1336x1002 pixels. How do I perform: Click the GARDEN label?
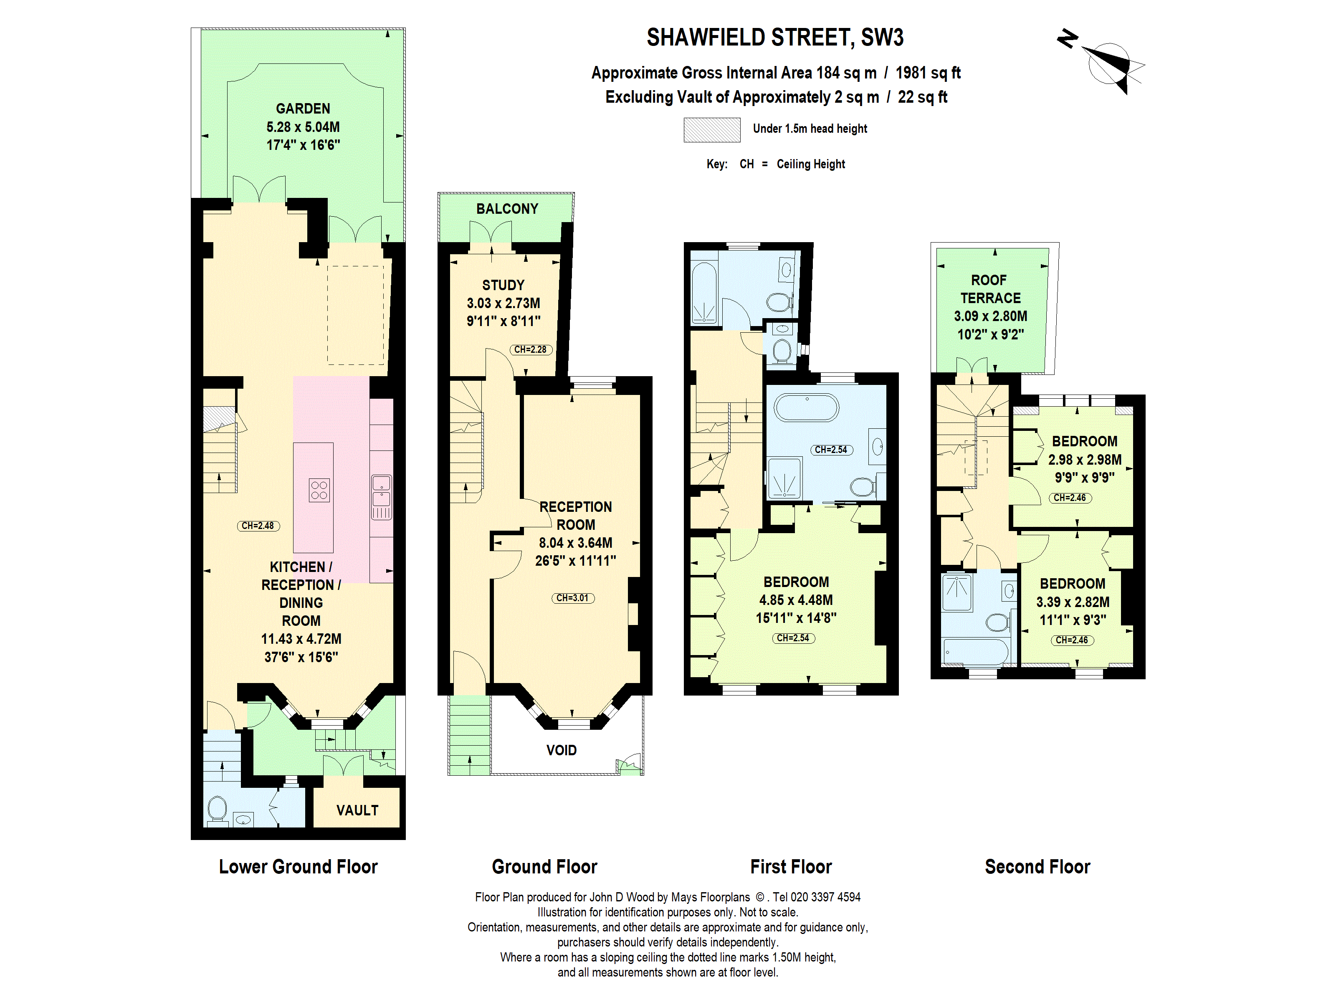click(303, 109)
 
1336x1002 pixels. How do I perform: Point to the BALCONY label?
click(507, 209)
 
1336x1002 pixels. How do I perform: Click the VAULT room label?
click(357, 810)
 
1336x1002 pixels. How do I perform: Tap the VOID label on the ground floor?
click(561, 750)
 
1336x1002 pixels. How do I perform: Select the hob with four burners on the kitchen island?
click(319, 490)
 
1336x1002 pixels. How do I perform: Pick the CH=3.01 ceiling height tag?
click(572, 598)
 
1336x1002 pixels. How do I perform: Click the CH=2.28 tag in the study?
click(530, 350)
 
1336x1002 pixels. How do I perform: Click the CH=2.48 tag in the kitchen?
click(258, 526)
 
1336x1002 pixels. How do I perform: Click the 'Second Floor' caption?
click(1037, 867)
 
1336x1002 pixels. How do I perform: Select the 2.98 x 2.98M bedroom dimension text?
click(1084, 460)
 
